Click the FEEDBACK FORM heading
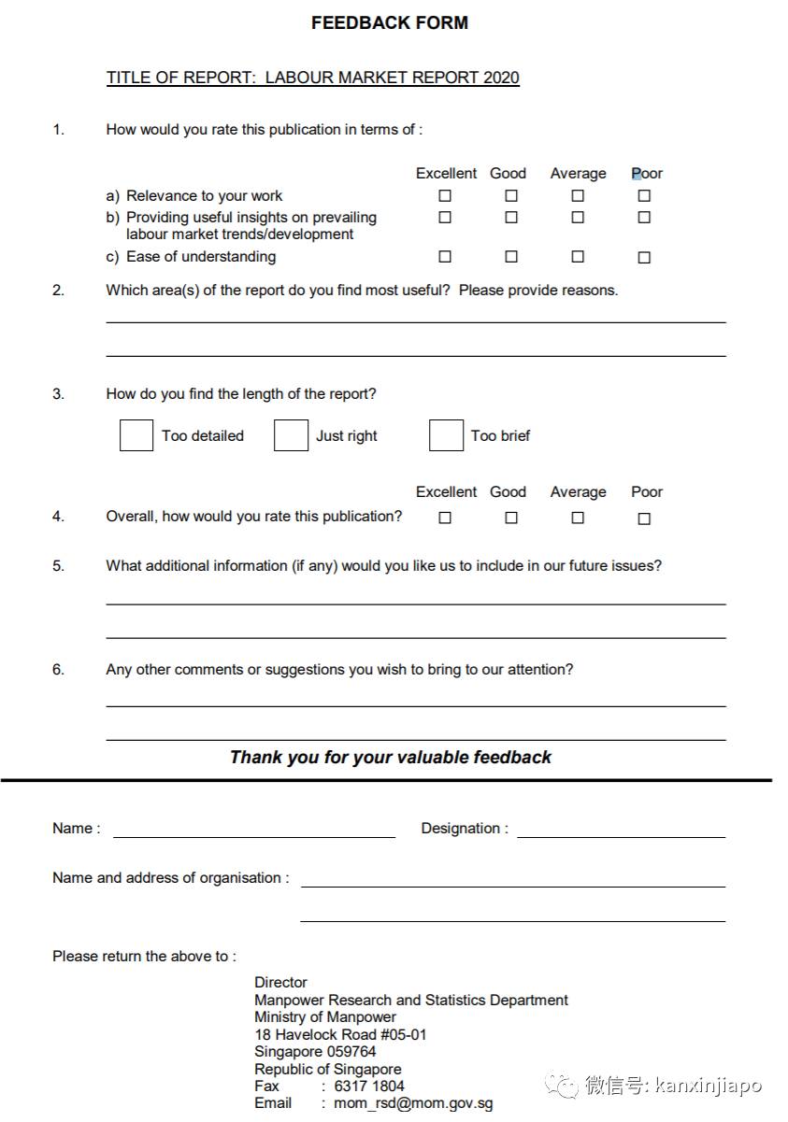390,23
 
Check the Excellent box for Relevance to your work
445,196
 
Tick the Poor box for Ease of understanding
644,258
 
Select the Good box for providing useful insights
511,218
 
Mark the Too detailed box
136,435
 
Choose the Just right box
291,435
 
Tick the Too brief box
446,435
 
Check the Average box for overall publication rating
578,518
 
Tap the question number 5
58,566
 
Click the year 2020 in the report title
501,78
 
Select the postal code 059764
350,1052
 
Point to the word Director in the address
280,983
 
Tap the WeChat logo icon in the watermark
563,1085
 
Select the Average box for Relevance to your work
578,196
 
